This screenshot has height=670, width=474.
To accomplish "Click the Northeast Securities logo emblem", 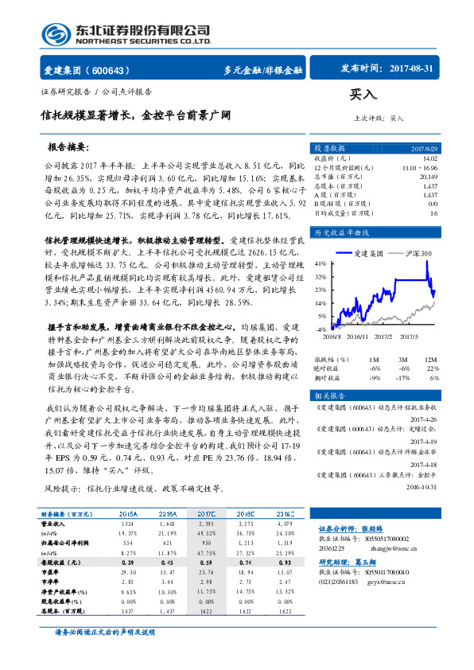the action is coord(56,35).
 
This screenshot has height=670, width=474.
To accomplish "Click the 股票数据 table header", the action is coord(329,148).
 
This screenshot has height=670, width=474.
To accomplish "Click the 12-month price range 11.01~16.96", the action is coord(420,168).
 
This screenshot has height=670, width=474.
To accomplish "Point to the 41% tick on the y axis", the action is coord(320,263).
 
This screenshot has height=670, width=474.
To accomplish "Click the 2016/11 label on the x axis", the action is coord(356,337).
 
